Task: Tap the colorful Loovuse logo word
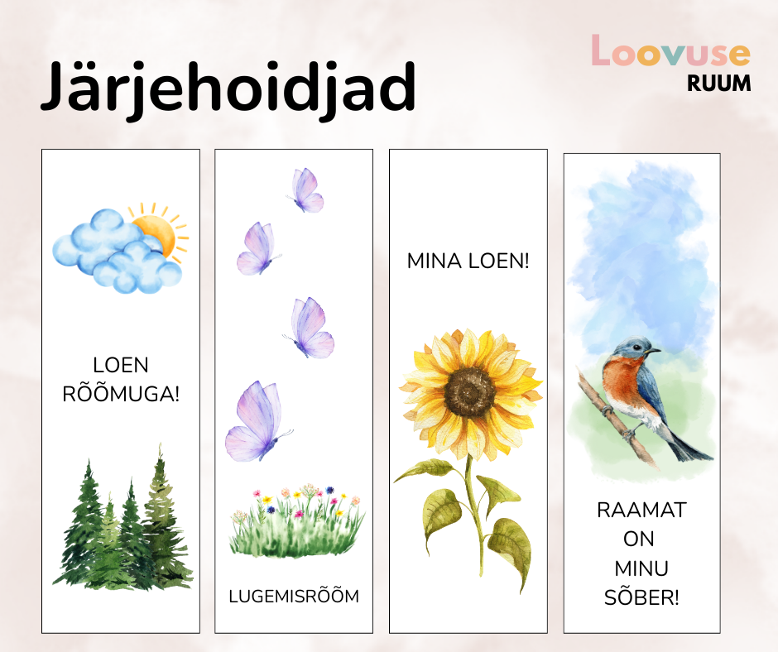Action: point(670,50)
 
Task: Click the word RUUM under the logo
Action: point(719,84)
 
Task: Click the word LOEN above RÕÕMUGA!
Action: point(121,365)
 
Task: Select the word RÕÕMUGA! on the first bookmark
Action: point(121,394)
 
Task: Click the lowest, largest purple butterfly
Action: point(258,422)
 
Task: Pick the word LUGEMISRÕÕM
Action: point(294,596)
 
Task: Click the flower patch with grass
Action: point(296,521)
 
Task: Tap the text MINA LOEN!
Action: point(468,261)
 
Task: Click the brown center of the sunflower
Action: point(470,392)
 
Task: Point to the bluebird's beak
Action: point(656,351)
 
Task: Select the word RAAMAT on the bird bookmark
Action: point(641,510)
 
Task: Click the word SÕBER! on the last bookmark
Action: point(641,597)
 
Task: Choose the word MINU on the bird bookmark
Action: point(641,568)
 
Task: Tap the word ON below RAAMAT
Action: point(639,539)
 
